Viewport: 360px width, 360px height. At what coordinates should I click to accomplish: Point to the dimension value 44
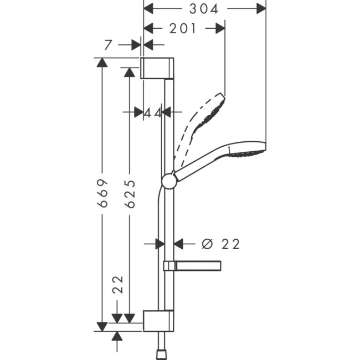click(x=153, y=112)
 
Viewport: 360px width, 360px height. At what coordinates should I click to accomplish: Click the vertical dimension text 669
click(x=102, y=193)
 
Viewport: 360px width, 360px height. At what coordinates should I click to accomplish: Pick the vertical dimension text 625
click(x=130, y=193)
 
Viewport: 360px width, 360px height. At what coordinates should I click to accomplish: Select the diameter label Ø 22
click(x=221, y=244)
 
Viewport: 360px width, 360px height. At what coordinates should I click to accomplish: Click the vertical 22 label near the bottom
click(x=117, y=285)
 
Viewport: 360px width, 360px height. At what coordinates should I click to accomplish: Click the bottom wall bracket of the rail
click(x=160, y=321)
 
